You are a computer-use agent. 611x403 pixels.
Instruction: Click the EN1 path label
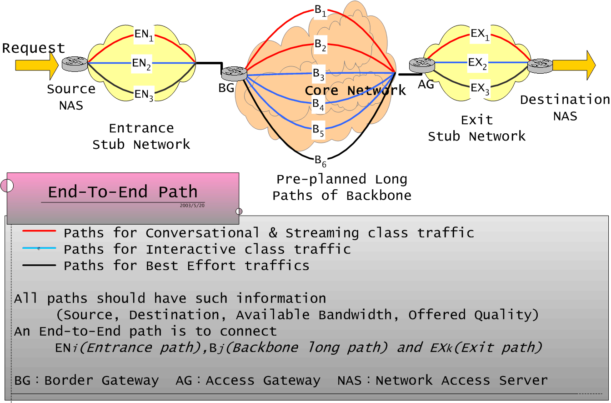(x=144, y=35)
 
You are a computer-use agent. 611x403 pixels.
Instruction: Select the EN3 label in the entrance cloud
(x=144, y=95)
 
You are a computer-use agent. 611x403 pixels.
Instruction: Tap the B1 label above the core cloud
(x=320, y=11)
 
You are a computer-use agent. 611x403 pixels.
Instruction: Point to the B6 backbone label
(x=320, y=161)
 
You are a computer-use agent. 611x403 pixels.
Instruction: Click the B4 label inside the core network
(x=318, y=105)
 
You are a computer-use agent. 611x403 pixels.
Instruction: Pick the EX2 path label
(x=477, y=64)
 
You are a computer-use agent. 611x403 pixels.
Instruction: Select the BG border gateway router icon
(x=234, y=74)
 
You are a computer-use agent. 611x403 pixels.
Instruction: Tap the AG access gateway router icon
(x=422, y=65)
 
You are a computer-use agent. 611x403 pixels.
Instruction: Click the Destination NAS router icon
(x=540, y=66)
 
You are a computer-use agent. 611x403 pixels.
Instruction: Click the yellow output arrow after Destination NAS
(x=574, y=65)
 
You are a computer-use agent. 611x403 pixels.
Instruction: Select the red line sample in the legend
(x=39, y=231)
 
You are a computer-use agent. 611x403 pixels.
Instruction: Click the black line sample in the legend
(x=39, y=265)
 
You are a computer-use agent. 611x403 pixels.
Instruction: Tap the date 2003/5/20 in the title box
(x=192, y=206)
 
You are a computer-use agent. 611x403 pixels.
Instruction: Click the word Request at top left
(x=33, y=48)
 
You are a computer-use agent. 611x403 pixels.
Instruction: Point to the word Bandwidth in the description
(x=355, y=315)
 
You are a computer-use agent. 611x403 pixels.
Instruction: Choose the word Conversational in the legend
(x=202, y=233)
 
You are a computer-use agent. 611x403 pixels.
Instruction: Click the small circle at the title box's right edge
(x=239, y=212)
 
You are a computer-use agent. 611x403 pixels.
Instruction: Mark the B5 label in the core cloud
(x=318, y=130)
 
